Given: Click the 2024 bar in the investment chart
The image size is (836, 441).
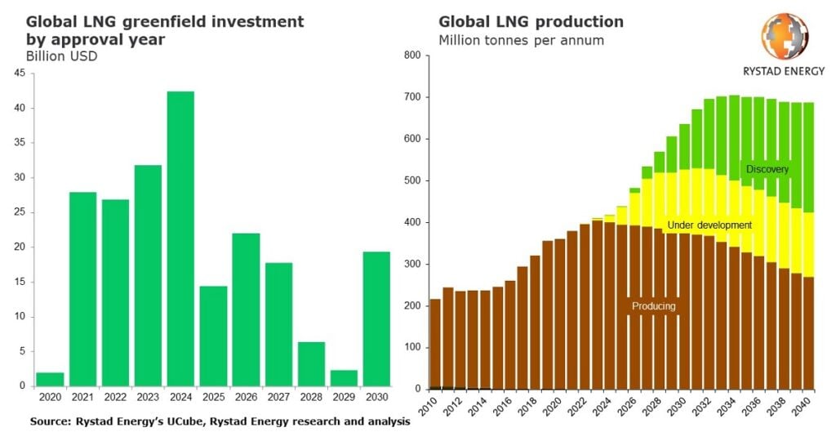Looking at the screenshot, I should tap(180, 238).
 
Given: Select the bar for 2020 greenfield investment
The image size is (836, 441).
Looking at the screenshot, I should tap(50, 379).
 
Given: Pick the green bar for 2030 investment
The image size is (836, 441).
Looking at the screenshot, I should tap(376, 318).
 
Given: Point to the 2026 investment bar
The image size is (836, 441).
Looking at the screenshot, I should tap(246, 310).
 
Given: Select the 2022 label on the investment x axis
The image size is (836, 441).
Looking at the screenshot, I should tap(115, 397).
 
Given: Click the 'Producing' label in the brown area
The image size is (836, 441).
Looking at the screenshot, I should tap(652, 306).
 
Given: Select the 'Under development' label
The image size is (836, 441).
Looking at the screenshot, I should tap(709, 225).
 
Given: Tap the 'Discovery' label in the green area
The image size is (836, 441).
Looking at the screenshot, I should tap(767, 169).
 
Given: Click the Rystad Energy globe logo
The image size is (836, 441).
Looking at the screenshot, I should tap(785, 37).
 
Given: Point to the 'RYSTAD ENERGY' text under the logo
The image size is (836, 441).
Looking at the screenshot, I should tap(784, 71).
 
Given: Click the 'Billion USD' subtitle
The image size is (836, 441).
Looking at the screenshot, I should tap(61, 56).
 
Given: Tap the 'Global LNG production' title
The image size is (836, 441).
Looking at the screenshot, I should tap(531, 21).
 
